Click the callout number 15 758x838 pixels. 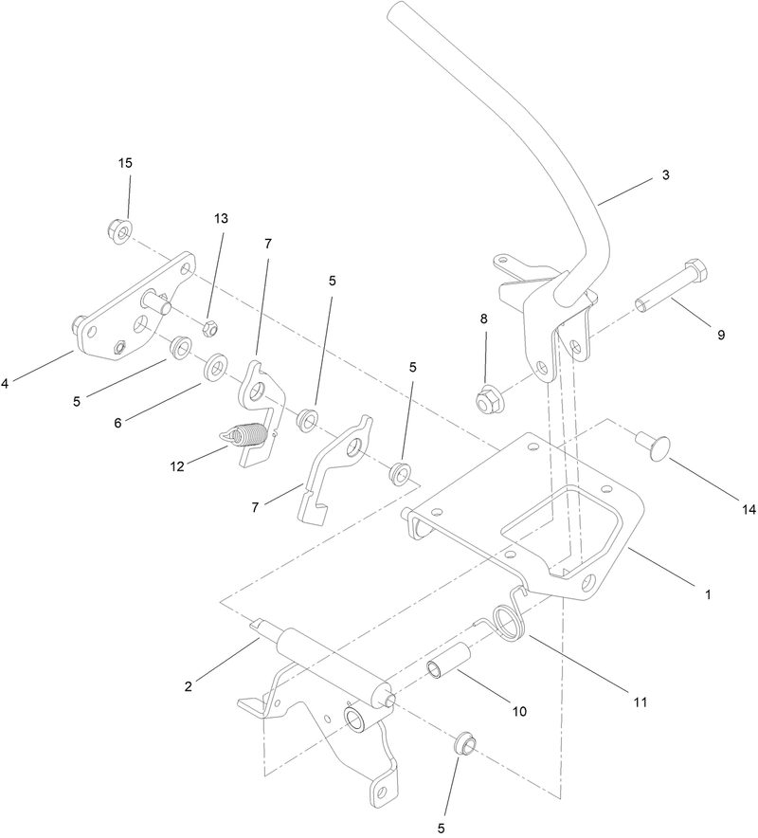pos(125,164)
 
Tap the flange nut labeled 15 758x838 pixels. pos(118,228)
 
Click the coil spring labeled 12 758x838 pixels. pos(245,436)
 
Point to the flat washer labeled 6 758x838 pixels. pos(216,363)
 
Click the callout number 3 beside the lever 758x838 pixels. pos(667,176)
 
